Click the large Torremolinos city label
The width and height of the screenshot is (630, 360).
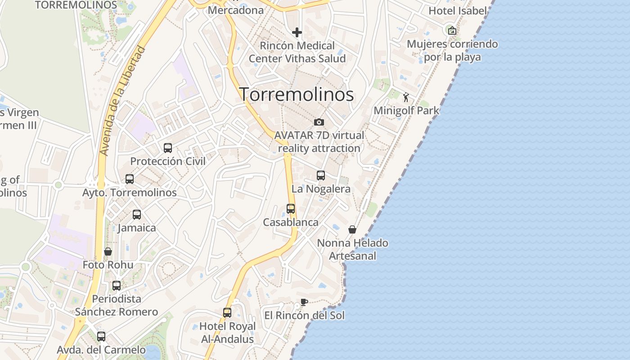point(296,94)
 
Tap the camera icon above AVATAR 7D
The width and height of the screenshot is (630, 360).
point(319,122)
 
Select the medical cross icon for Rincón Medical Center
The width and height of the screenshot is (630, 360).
point(297,32)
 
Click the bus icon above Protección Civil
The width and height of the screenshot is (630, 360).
point(168,148)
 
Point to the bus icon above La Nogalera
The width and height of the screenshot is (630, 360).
point(321,175)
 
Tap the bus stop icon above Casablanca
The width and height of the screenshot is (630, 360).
point(291,209)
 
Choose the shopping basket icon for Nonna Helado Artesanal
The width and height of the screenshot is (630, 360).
point(352,229)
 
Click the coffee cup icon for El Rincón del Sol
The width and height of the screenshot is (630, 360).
point(304,302)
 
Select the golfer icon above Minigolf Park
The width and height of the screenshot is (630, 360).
point(406,97)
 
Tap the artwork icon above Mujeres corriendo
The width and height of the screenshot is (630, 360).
point(452,31)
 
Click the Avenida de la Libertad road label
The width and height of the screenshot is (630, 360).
point(123,101)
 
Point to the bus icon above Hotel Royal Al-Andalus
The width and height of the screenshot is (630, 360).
point(227,312)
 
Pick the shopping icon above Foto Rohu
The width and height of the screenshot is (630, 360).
point(108,252)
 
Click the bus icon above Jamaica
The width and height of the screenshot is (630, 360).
point(137,215)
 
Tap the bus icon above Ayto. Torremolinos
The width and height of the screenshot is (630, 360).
point(130,179)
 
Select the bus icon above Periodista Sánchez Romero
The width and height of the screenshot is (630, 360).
point(117,285)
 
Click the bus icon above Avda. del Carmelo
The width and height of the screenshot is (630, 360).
point(101,336)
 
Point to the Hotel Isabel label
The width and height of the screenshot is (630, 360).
point(458,11)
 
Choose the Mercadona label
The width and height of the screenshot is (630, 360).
point(236,10)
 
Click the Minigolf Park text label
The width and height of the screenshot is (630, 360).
point(406,110)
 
